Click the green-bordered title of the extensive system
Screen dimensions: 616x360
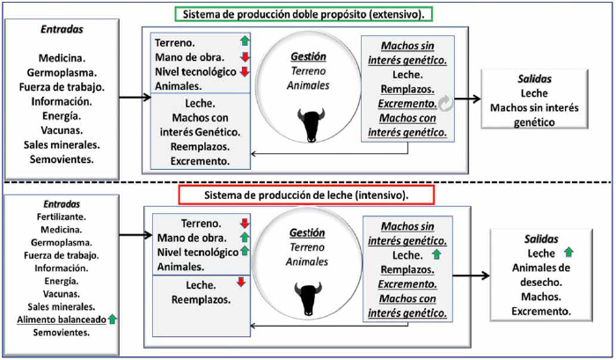pos(304,15)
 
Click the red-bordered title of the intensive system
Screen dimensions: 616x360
pos(306,195)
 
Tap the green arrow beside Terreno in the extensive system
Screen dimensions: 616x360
pos(245,40)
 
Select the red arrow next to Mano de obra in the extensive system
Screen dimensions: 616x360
pos(245,57)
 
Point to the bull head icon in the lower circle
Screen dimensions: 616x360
pos(308,298)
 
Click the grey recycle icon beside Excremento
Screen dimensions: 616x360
pos(445,103)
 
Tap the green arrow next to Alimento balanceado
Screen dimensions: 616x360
pos(113,319)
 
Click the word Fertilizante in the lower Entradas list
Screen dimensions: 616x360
pos(62,217)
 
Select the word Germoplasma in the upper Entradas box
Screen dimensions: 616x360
pos(62,73)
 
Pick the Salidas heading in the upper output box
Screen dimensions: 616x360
pos(534,78)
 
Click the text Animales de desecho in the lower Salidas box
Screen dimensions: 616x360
pos(541,276)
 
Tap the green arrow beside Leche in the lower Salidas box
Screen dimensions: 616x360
pos(568,253)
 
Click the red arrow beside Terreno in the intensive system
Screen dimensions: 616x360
pos(245,224)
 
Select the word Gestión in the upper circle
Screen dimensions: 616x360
pos(308,56)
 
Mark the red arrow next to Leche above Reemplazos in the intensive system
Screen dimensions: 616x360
pos(241,282)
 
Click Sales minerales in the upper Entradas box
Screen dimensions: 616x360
pos(62,144)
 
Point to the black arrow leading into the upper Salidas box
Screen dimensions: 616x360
pos(467,99)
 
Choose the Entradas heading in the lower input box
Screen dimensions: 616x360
pos(62,204)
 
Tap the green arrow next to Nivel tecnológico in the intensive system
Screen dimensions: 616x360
pos(245,251)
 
